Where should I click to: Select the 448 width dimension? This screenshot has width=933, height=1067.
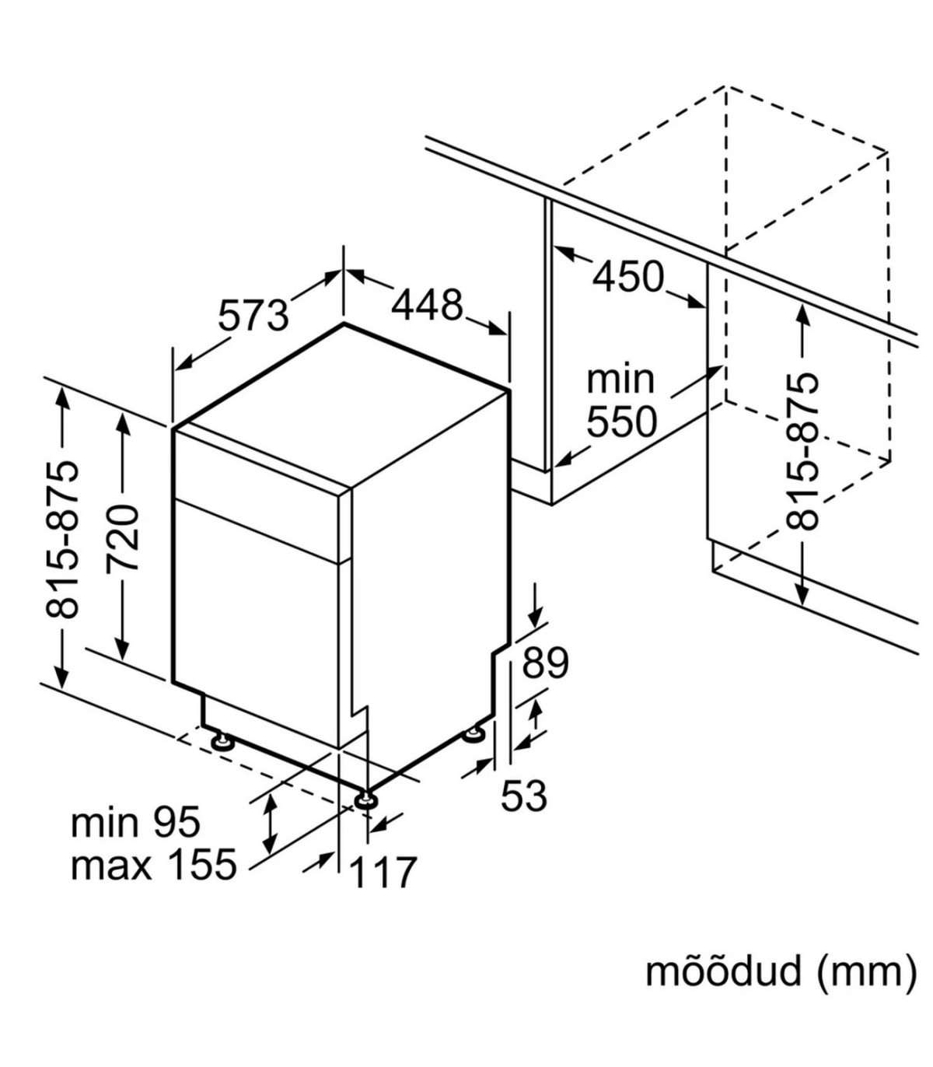[427, 305]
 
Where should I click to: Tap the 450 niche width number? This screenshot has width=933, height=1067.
[628, 277]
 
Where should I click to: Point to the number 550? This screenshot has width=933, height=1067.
[622, 422]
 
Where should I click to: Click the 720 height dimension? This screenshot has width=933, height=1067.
[123, 537]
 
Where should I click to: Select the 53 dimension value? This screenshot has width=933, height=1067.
[524, 796]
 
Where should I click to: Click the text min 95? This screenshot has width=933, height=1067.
[136, 823]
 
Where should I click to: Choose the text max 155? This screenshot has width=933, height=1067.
[153, 865]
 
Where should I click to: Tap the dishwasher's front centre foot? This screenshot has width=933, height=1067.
[365, 799]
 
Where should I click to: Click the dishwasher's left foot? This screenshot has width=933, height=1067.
[222, 740]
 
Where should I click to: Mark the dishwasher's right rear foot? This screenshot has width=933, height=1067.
[473, 733]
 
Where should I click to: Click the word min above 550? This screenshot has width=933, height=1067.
[620, 380]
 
